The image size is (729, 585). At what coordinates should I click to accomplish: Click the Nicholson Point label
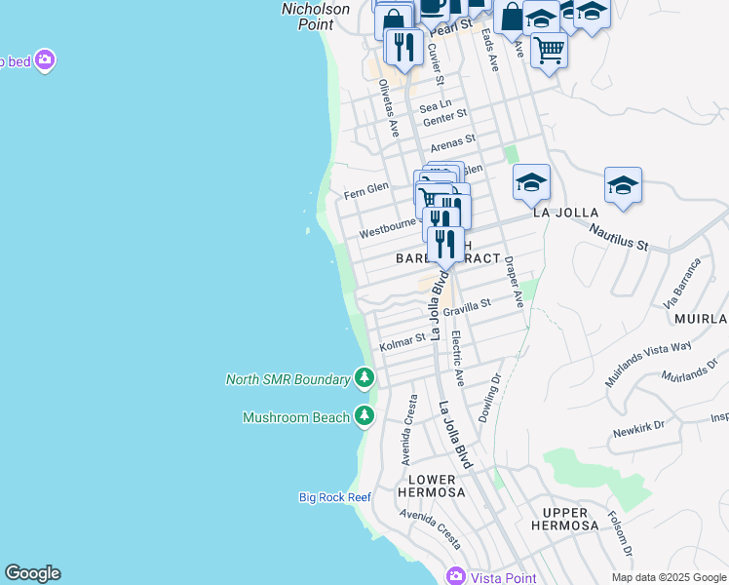click(316, 16)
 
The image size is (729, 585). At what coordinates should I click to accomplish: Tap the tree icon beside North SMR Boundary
click(364, 377)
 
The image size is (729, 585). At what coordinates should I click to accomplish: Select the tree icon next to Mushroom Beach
click(364, 416)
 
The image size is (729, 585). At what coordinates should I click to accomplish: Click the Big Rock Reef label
click(335, 497)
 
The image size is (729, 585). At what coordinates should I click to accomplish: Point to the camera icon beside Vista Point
click(455, 576)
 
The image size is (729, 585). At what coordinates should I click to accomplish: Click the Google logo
click(32, 573)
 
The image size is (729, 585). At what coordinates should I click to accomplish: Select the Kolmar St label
click(403, 342)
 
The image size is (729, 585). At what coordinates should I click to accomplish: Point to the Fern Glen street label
click(366, 190)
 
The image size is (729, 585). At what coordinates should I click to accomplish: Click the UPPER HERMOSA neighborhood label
click(565, 519)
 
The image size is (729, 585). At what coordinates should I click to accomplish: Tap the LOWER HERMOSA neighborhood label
click(432, 486)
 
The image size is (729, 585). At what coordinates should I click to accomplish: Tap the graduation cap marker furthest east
click(623, 183)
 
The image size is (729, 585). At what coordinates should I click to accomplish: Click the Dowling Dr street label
click(489, 399)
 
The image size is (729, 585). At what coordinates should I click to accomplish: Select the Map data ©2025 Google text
click(669, 577)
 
